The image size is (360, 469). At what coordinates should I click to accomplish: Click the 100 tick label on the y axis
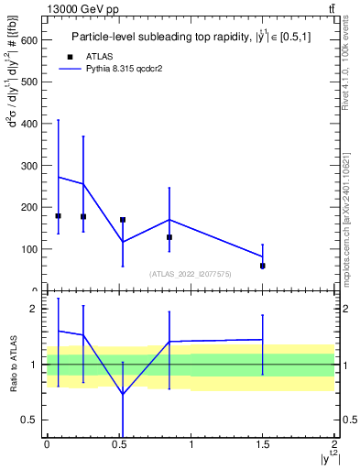click(30, 249)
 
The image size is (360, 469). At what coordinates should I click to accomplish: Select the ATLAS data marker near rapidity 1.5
click(263, 266)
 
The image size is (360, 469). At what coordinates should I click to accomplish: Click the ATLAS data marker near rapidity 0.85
click(169, 237)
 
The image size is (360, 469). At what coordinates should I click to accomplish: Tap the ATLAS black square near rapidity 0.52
click(123, 220)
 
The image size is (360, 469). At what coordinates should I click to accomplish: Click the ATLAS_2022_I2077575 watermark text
click(190, 274)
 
